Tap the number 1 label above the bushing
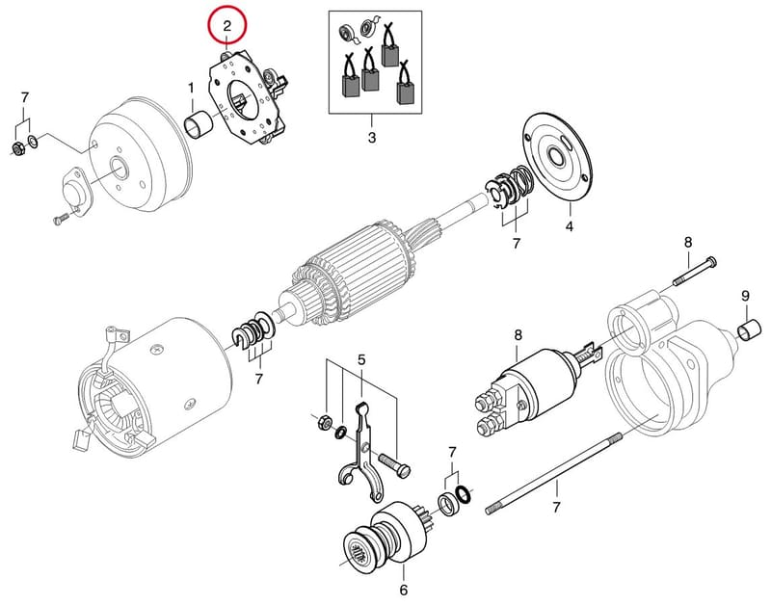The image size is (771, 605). (x=191, y=89)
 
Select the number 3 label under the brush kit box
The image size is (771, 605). (x=372, y=138)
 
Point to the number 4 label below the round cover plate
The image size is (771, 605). (x=569, y=226)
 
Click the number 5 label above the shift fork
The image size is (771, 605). (x=361, y=359)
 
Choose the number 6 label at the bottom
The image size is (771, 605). (x=403, y=590)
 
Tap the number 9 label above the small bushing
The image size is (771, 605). (x=745, y=296)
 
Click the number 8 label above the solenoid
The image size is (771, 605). (x=518, y=335)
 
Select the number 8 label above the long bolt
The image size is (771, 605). (x=688, y=242)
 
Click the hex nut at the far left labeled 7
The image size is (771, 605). (x=16, y=148)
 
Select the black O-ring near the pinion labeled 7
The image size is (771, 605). (x=463, y=495)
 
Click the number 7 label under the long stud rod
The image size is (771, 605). (x=556, y=507)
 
